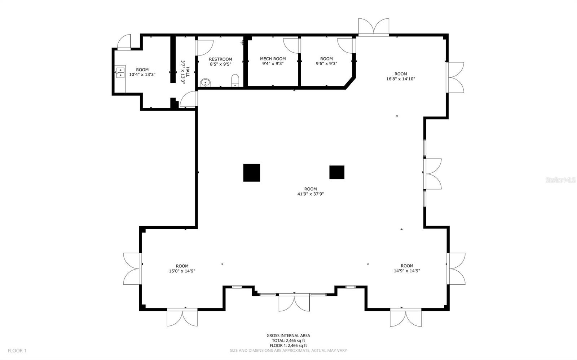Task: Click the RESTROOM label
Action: (x=220, y=59)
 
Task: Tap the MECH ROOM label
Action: (x=273, y=59)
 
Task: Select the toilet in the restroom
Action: (x=235, y=81)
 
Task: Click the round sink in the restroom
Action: (x=205, y=83)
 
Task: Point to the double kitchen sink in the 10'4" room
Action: (x=120, y=72)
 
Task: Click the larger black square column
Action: (x=252, y=173)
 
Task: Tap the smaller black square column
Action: (x=337, y=172)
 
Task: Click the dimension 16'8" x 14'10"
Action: (x=400, y=79)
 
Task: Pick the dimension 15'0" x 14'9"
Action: (x=182, y=271)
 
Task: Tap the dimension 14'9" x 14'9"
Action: (x=407, y=271)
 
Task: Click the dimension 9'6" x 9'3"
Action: (x=326, y=64)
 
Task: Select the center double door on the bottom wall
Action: (x=294, y=302)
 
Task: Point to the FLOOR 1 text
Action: (x=17, y=351)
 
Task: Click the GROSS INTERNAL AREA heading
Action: (x=288, y=335)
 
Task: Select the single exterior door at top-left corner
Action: (x=124, y=42)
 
